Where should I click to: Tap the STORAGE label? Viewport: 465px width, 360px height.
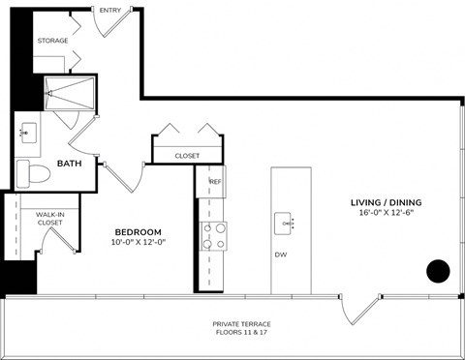(52, 41)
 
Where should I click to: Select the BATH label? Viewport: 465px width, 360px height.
(68, 164)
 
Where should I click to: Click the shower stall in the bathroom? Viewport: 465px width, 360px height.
(71, 92)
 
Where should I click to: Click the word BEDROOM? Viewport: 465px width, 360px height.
(138, 231)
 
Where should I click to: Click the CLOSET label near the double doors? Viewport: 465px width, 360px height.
(187, 155)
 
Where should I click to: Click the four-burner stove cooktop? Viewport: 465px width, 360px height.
(213, 235)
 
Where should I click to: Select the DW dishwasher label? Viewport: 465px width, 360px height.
(281, 256)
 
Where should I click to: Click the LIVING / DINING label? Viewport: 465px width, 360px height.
(387, 202)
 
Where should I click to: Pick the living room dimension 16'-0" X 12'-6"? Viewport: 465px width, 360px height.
(387, 214)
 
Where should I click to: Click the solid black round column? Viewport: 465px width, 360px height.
(438, 271)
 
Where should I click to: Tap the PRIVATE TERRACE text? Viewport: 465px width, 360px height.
(242, 323)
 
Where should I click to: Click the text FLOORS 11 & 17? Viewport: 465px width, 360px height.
(242, 333)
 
